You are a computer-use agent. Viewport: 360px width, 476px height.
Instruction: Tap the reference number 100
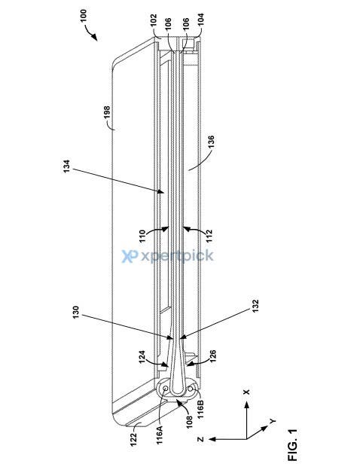tap(84, 15)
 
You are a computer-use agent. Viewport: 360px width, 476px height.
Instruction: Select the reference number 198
tap(107, 112)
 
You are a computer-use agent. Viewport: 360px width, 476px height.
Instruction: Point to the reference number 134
tap(66, 166)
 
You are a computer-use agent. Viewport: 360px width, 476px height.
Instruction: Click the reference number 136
tap(211, 142)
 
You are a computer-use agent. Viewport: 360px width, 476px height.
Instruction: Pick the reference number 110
tap(142, 236)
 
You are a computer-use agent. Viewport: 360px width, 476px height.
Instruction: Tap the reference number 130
tap(75, 313)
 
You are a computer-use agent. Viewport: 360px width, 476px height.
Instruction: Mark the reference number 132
tap(255, 307)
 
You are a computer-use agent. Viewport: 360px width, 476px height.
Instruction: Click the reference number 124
tap(142, 357)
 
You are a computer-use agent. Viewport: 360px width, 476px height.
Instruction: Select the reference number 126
tap(212, 357)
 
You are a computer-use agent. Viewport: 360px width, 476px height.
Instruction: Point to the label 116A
tap(160, 435)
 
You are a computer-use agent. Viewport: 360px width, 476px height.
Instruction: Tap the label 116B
tap(200, 410)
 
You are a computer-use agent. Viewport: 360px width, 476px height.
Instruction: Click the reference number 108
tap(189, 422)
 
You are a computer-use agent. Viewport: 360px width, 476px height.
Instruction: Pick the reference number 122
tap(133, 439)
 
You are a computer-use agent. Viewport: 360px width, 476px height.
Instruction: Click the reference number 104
tap(200, 19)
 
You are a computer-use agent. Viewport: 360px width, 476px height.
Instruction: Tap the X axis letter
tap(246, 392)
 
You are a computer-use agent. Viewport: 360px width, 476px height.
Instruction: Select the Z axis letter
tap(200, 439)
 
